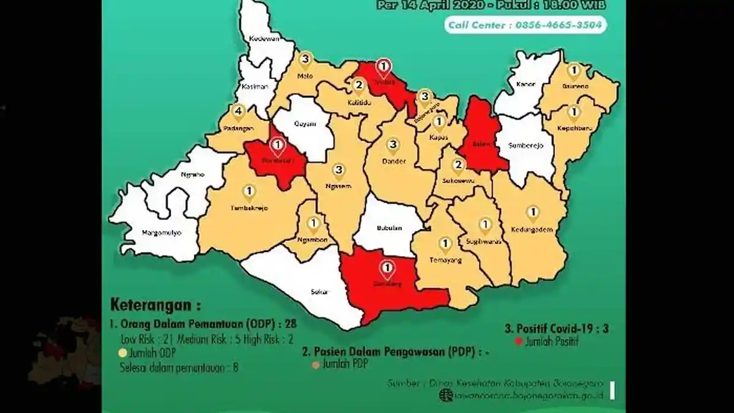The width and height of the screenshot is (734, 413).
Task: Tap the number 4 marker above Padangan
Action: click(x=239, y=111)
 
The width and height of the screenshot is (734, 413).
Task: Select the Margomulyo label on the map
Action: click(x=162, y=233)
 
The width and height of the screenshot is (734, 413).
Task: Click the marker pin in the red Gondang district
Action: click(x=387, y=268)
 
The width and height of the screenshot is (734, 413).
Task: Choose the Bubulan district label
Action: click(x=389, y=229)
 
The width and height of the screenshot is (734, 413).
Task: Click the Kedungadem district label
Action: click(x=532, y=229)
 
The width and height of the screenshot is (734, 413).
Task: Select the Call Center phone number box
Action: click(x=526, y=25)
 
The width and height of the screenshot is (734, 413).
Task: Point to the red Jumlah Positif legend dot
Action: click(x=519, y=342)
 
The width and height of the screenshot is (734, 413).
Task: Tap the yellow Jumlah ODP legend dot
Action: click(x=123, y=354)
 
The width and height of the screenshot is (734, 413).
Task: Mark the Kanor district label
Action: click(x=526, y=84)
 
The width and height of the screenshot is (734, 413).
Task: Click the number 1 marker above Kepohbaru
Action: click(x=573, y=112)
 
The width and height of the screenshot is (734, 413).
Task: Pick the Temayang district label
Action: click(x=445, y=259)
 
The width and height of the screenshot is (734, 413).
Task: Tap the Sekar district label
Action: click(x=320, y=292)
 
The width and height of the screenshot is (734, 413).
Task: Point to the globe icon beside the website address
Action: click(x=443, y=395)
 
